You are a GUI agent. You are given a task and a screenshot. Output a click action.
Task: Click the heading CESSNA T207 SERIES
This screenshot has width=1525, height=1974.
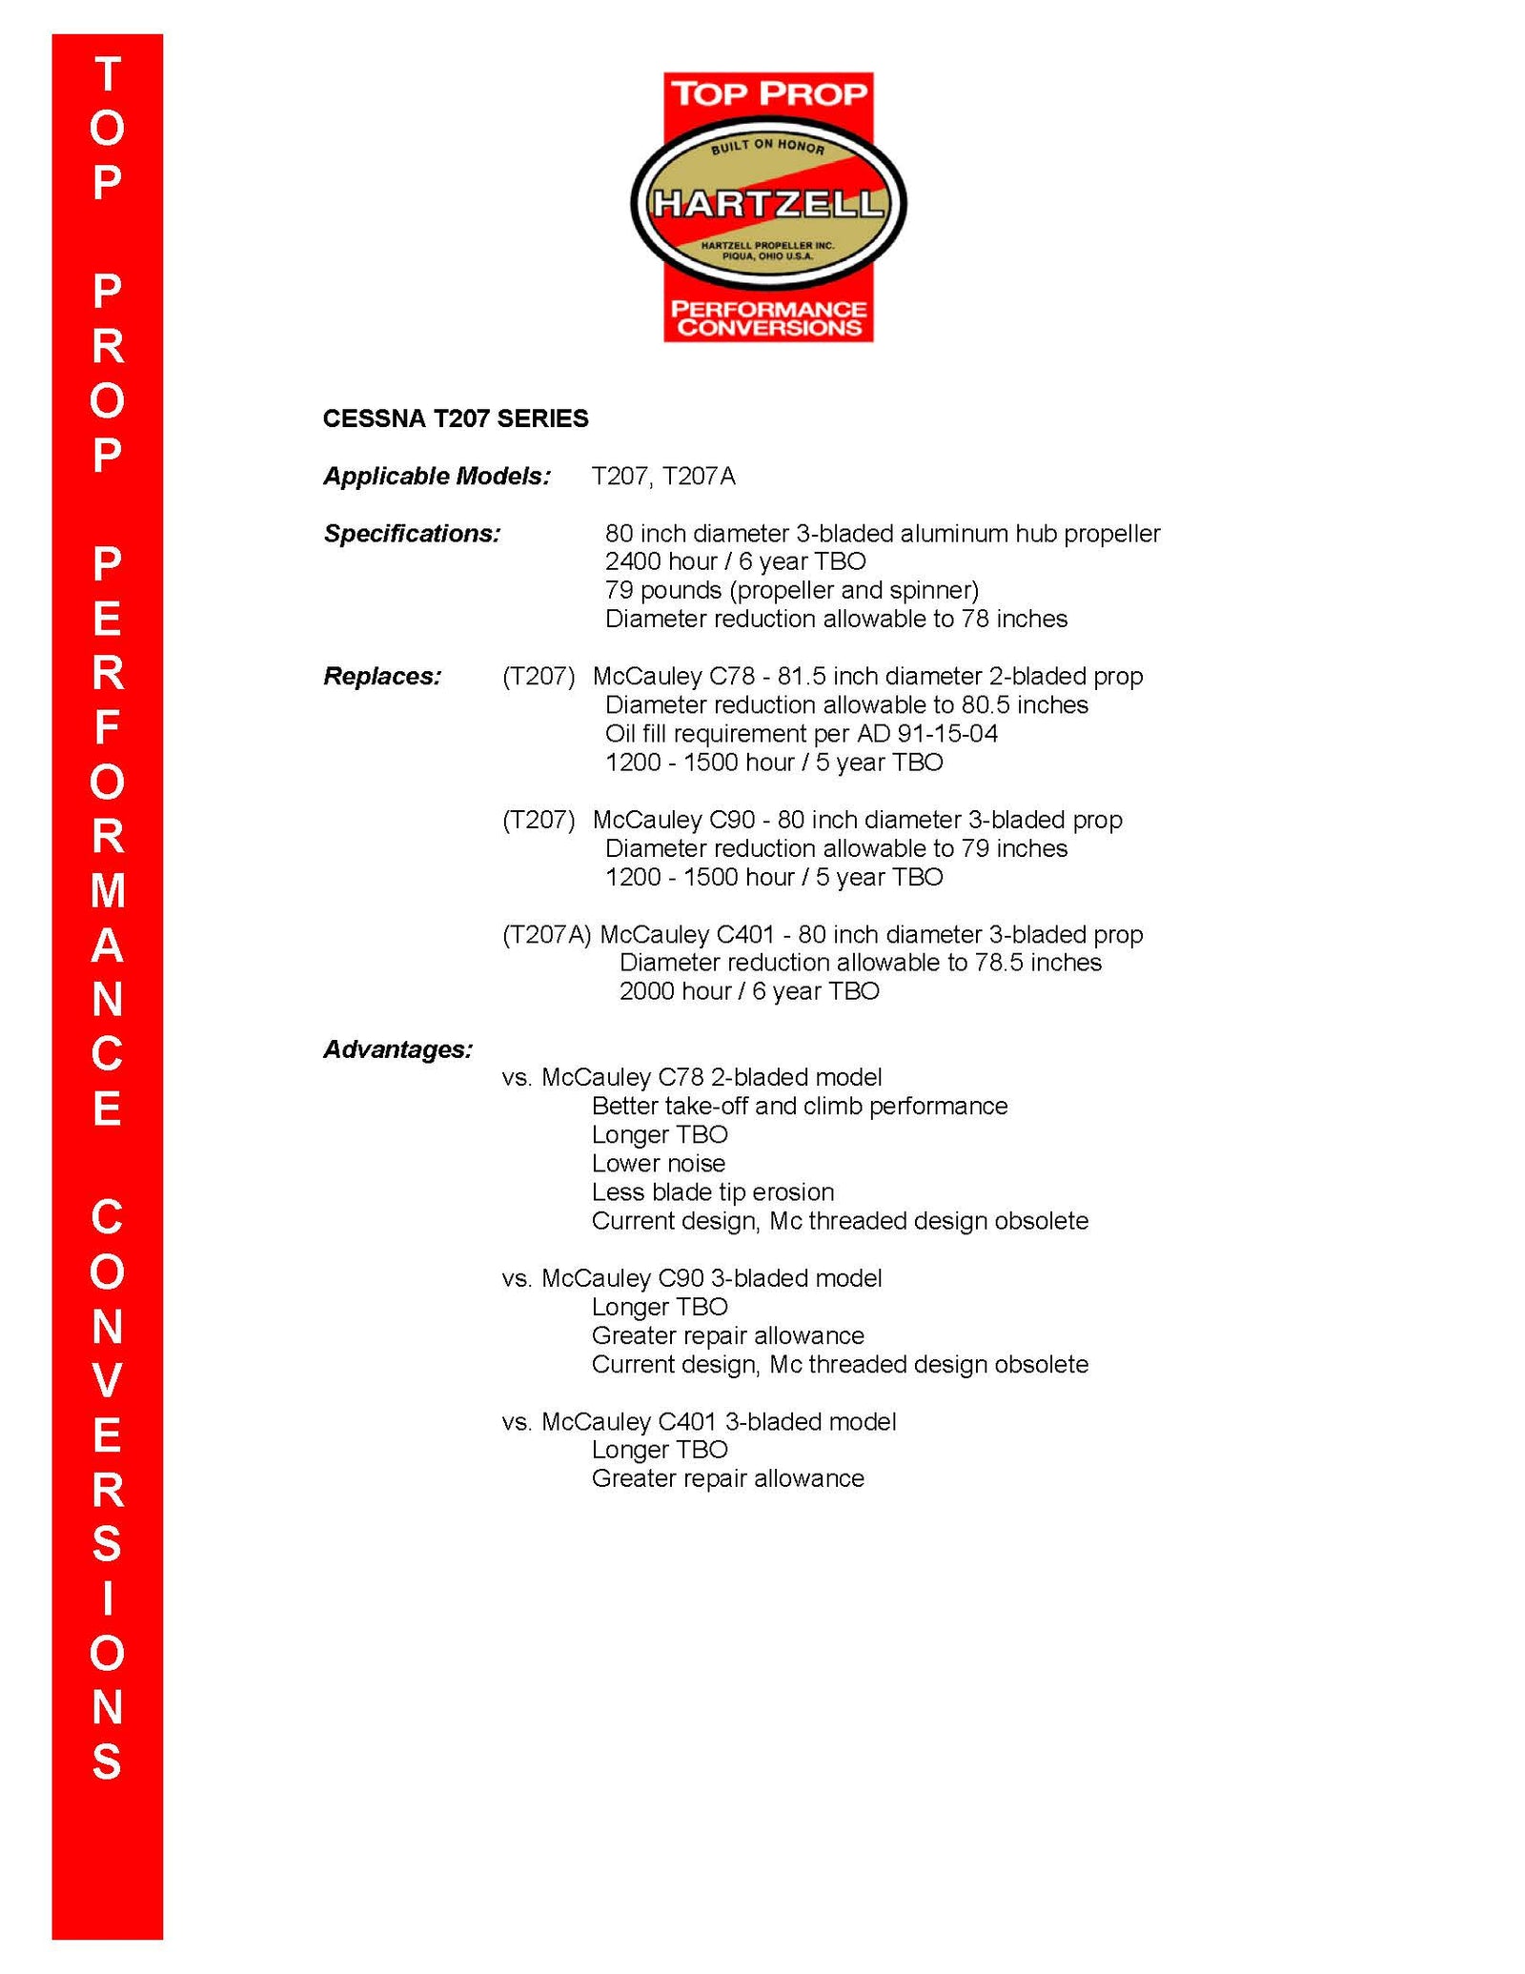455,418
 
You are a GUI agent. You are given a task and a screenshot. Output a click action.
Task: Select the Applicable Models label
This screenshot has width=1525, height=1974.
437,476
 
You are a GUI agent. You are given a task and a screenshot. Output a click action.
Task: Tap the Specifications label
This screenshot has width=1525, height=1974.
412,533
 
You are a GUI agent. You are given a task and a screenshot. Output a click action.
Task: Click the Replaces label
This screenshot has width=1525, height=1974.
382,676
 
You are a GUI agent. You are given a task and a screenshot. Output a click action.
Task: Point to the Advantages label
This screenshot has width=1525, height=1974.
397,1048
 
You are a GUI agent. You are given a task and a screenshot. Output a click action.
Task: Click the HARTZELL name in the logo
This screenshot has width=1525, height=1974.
767,204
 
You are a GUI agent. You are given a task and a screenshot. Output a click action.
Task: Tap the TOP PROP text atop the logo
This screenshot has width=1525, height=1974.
768,94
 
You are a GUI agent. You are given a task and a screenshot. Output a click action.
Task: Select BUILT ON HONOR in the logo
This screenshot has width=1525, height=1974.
767,146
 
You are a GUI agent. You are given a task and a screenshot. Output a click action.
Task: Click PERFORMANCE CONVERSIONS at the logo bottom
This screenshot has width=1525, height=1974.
768,318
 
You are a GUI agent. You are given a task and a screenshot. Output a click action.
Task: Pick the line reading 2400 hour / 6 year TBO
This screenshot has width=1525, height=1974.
735,561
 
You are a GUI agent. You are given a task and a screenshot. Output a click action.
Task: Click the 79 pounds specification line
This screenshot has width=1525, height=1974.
791,590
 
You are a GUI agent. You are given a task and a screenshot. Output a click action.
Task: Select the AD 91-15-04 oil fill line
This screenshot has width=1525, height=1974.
801,733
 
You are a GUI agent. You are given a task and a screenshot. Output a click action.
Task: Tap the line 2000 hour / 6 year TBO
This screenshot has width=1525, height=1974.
748,990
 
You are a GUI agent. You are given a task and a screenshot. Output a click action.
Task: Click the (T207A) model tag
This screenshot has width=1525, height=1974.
547,934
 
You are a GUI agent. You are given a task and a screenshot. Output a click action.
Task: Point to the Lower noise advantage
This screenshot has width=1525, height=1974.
658,1163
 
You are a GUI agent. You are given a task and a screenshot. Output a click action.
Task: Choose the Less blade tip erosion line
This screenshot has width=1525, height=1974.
712,1191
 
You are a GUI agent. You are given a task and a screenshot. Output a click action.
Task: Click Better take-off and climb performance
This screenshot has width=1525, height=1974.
799,1106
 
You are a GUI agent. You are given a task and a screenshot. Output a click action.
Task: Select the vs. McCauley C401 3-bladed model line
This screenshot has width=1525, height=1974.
699,1421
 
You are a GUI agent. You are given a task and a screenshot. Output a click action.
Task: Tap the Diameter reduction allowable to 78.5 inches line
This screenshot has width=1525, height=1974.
860,962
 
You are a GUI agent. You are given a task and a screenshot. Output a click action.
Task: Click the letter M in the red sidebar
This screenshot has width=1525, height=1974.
108,890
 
